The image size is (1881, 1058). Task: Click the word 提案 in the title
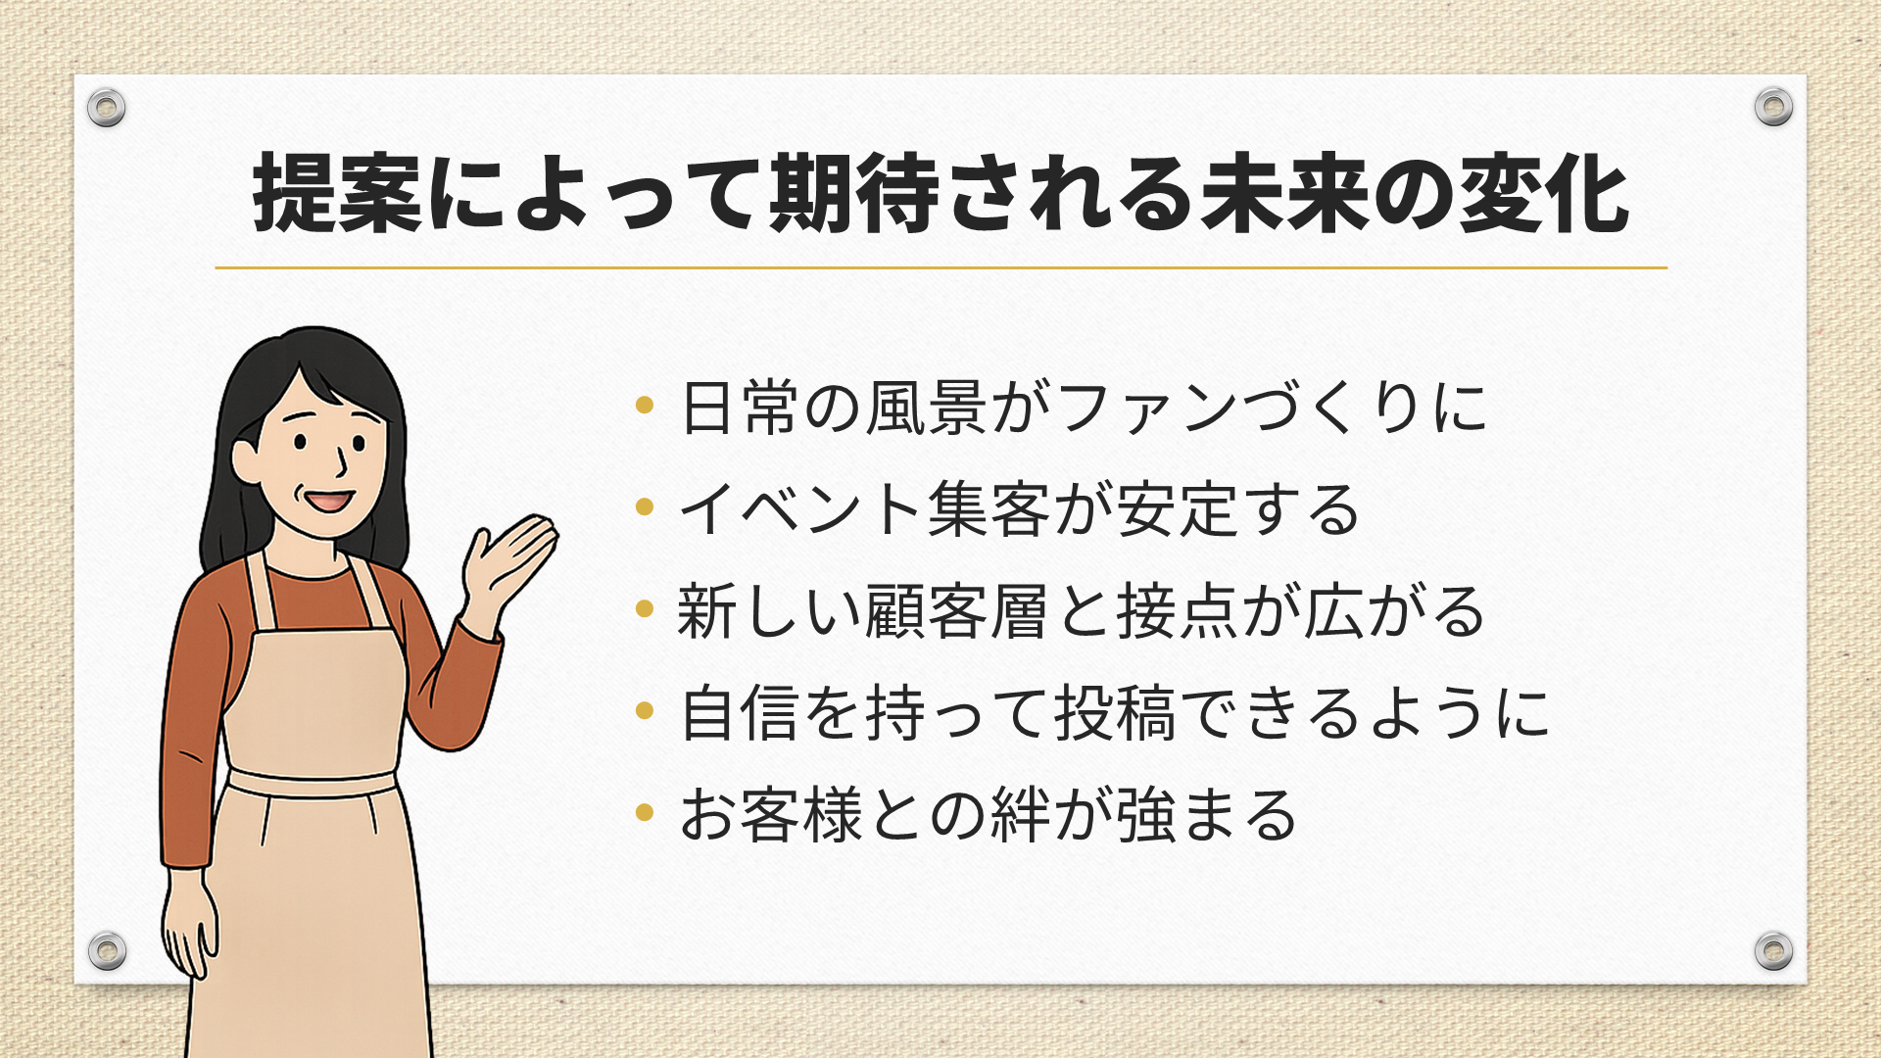pos(338,194)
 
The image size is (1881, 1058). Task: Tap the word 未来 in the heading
pos(1286,194)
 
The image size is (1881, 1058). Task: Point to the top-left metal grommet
pos(106,107)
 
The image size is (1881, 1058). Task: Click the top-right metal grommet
pos(1773,106)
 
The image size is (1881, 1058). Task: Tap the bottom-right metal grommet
pos(1773,950)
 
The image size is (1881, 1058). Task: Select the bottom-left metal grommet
pos(107,950)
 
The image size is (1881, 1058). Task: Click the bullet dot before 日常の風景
pos(644,404)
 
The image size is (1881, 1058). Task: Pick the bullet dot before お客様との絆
pos(644,811)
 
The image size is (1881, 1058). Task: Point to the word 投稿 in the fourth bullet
pos(1114,713)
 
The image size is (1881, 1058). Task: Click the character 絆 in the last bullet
pos(1022,815)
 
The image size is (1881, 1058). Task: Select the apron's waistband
pos(312,783)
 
